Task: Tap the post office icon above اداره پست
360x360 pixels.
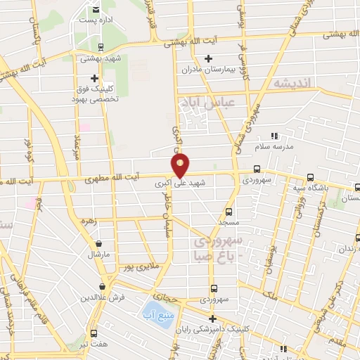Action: pyautogui.click(x=96, y=10)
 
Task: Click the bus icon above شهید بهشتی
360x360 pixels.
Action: pyautogui.click(x=100, y=48)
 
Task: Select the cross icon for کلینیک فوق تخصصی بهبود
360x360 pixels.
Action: pyautogui.click(x=95, y=78)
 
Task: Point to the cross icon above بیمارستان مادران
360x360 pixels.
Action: pyautogui.click(x=207, y=59)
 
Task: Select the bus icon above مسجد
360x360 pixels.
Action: pyautogui.click(x=229, y=210)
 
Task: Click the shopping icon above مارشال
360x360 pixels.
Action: pyautogui.click(x=98, y=244)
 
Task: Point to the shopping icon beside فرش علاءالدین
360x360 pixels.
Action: pyautogui.click(x=103, y=286)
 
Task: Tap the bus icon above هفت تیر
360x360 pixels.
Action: pyautogui.click(x=93, y=333)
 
